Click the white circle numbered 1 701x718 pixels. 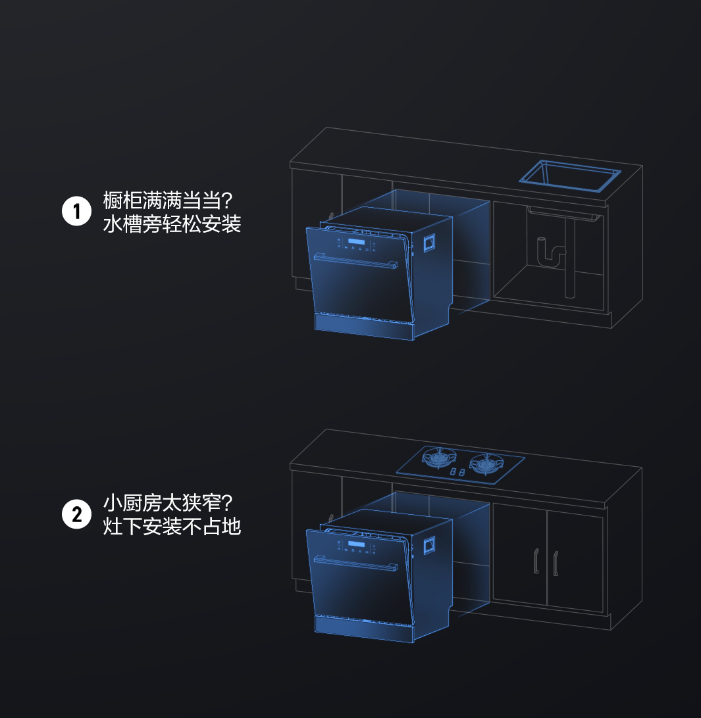76,211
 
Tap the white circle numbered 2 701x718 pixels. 76,514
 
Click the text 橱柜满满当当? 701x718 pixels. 168,200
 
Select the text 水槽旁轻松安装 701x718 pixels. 172,224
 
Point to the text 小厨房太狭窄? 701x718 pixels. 168,502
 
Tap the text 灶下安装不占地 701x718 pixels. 172,526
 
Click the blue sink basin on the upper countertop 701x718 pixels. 570,176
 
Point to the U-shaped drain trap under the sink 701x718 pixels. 551,252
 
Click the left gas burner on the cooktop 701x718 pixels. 440,457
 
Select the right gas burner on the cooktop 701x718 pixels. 486,464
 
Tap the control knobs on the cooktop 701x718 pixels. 457,471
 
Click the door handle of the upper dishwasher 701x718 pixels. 355,260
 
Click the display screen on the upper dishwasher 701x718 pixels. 356,242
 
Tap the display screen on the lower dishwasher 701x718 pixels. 356,544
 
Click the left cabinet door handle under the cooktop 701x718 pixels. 536,561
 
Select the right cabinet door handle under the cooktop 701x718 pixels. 556,563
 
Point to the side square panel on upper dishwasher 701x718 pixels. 429,243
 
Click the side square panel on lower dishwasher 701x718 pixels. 429,545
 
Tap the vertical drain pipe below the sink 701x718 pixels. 570,258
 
